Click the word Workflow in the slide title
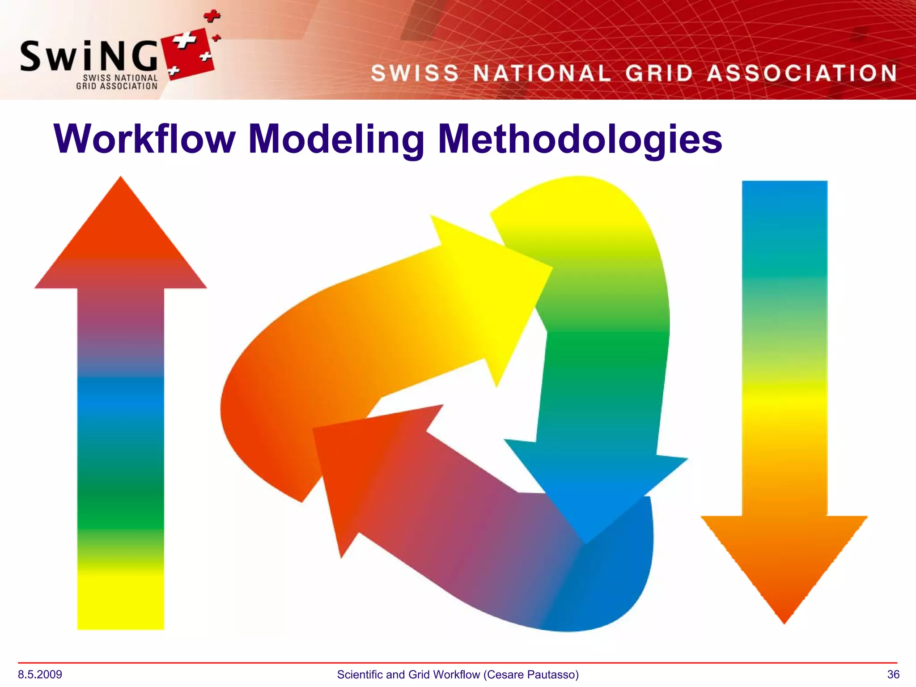pos(144,139)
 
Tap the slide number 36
pos(893,674)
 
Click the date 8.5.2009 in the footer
pos(40,674)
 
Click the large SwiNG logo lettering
pos(89,56)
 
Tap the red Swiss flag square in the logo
pos(190,54)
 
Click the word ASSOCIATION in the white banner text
pos(802,73)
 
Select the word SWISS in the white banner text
pos(415,73)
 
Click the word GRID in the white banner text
pos(659,73)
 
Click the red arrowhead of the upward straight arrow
pos(121,242)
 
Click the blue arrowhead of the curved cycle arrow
pos(590,488)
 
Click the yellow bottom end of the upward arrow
pos(121,604)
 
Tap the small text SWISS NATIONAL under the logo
pos(120,78)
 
